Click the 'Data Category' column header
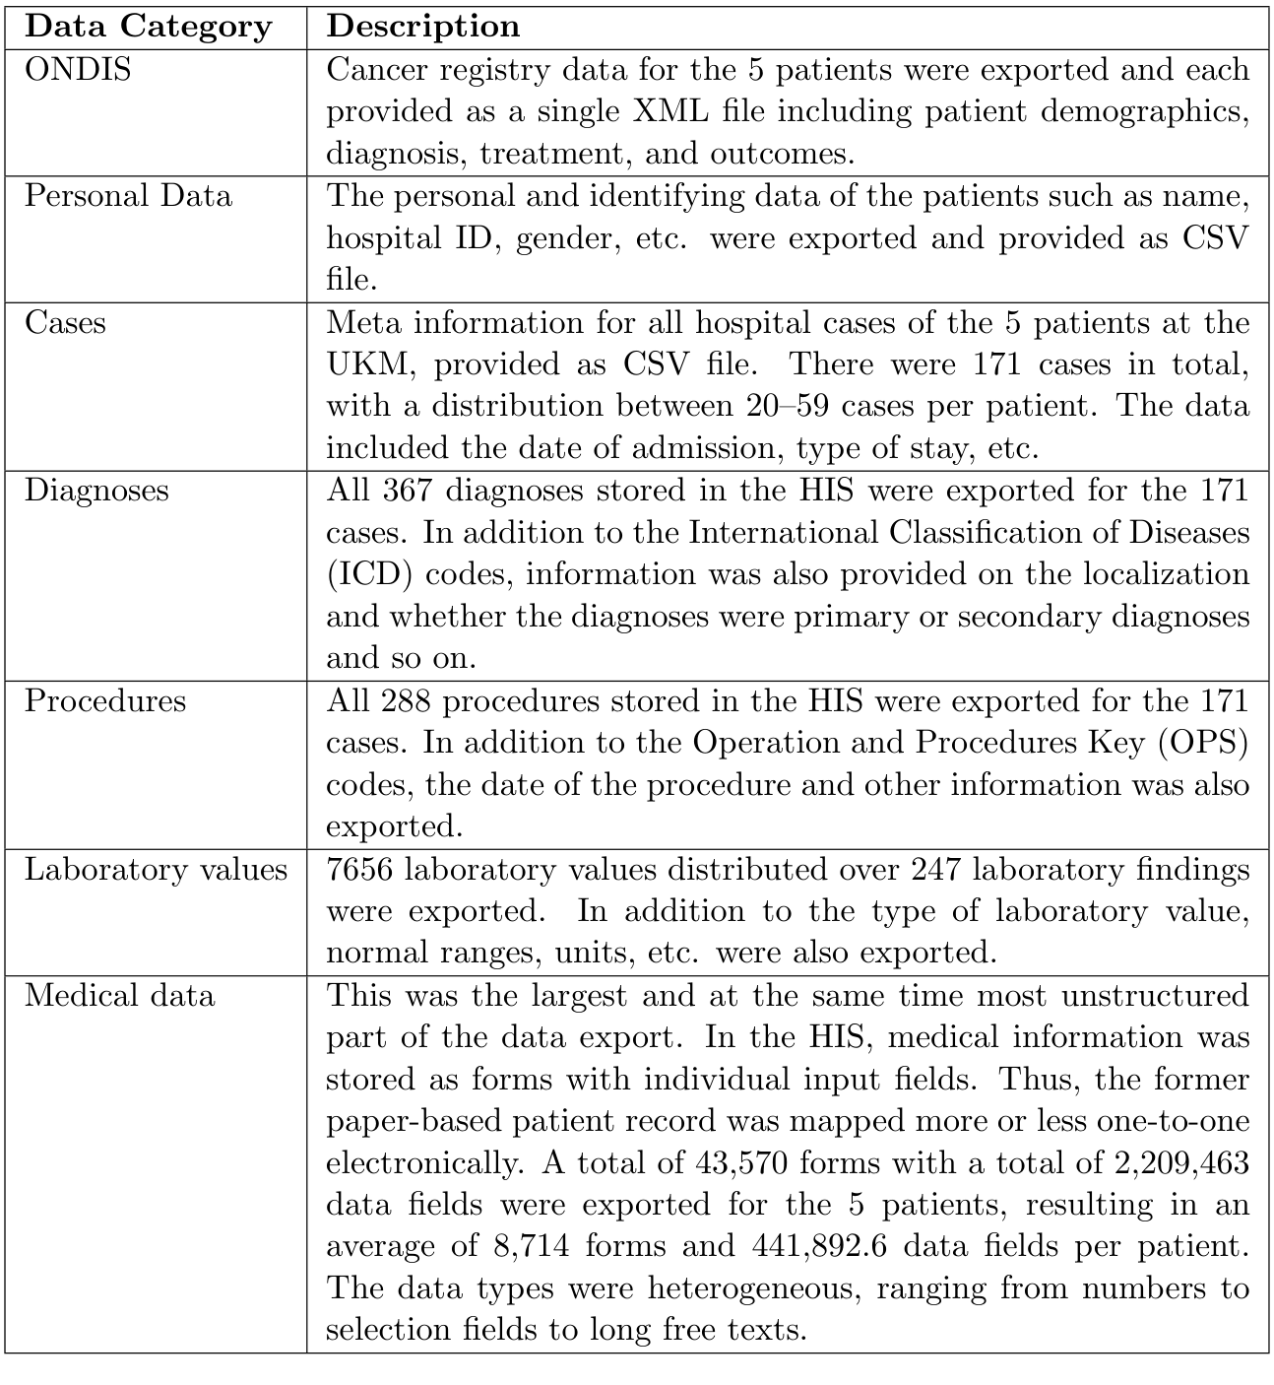(149, 27)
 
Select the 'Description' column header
(423, 27)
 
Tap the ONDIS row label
(78, 70)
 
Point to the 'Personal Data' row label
(128, 196)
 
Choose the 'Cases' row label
(65, 322)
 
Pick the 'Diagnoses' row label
(96, 491)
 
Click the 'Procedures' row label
(105, 700)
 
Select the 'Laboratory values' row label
(156, 870)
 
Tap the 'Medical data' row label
(119, 995)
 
